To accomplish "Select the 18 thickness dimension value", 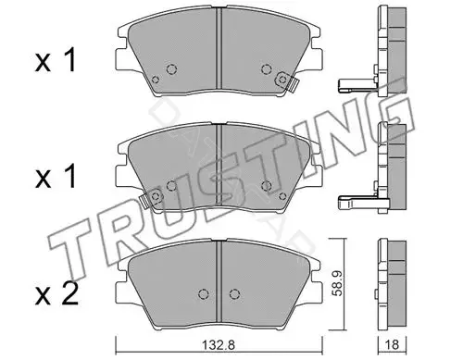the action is (x=392, y=344).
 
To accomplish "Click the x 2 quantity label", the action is (x=56, y=295).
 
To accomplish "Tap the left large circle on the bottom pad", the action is (x=202, y=294).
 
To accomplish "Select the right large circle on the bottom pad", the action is (x=234, y=294).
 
